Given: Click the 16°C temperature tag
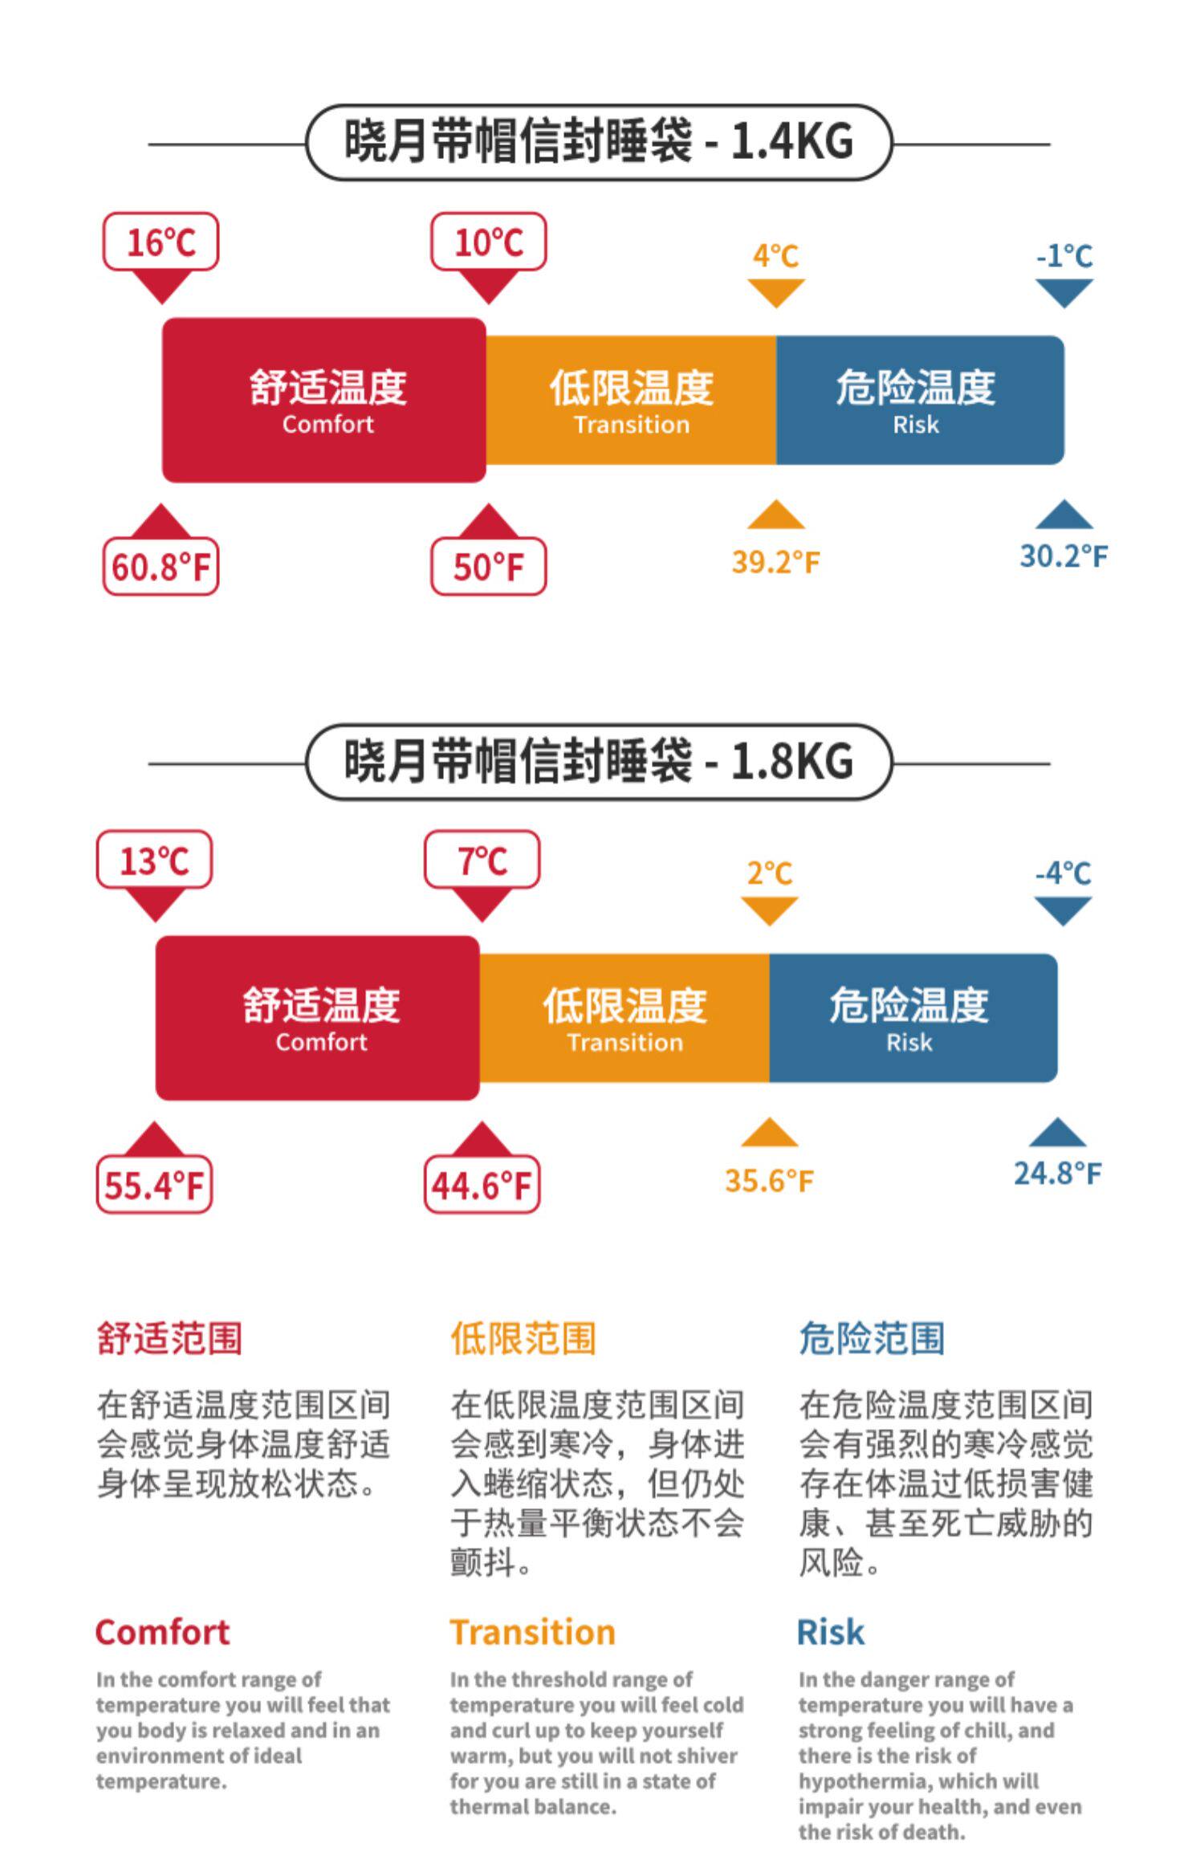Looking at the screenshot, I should [x=161, y=242].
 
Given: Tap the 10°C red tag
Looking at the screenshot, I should [x=488, y=242].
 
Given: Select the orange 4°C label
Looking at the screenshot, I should [x=775, y=257].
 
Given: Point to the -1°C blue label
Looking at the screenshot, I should [x=1064, y=257].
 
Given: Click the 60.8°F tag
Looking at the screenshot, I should [x=161, y=567].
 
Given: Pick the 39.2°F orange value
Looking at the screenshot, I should [x=775, y=562].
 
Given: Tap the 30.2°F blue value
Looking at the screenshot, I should [x=1064, y=556].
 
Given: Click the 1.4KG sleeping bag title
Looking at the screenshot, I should [x=599, y=142].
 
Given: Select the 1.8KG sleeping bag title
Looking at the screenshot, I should [x=599, y=761].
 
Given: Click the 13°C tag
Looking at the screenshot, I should [x=154, y=861].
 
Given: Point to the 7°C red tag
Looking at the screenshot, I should [x=482, y=861].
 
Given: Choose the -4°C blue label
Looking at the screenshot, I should [x=1063, y=873].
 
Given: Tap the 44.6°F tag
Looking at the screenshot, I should [x=482, y=1185].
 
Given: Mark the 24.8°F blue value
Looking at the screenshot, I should [x=1057, y=1174].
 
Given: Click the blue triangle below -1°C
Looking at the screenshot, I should [x=1064, y=291].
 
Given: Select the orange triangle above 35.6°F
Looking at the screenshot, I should [x=769, y=1133].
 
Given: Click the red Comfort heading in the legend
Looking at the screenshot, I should [x=162, y=1632].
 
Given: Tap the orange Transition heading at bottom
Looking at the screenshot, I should [x=532, y=1632].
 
